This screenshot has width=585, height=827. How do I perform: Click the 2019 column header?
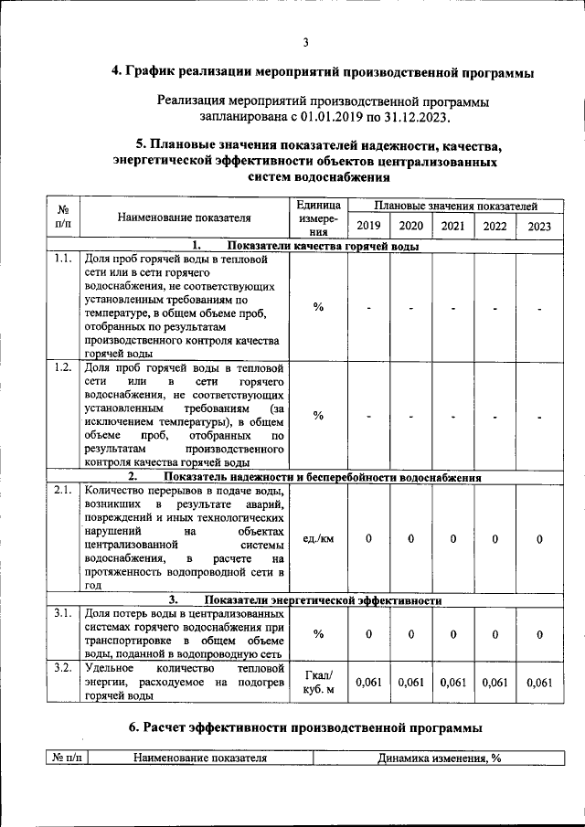click(x=368, y=226)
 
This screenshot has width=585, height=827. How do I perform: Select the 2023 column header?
click(x=539, y=226)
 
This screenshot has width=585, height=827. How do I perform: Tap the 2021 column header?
click(x=452, y=226)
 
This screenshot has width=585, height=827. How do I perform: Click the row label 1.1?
click(x=62, y=260)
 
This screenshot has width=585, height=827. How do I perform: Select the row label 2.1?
click(x=62, y=491)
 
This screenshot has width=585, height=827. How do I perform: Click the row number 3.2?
click(x=62, y=668)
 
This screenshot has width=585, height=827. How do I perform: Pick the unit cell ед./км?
click(x=318, y=539)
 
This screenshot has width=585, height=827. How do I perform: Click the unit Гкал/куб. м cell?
click(x=318, y=682)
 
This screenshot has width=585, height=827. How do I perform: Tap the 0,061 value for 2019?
click(x=368, y=682)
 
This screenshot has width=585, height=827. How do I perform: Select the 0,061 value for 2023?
click(x=539, y=682)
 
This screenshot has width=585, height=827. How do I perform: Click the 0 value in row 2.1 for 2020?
click(x=411, y=539)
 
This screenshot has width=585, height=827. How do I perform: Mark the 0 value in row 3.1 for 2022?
click(x=495, y=634)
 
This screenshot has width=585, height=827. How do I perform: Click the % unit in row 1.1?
click(x=318, y=307)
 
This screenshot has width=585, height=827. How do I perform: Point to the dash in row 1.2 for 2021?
click(x=453, y=417)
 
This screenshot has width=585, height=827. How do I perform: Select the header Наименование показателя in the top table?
click(x=184, y=217)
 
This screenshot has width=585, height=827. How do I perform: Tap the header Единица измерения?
click(x=318, y=218)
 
